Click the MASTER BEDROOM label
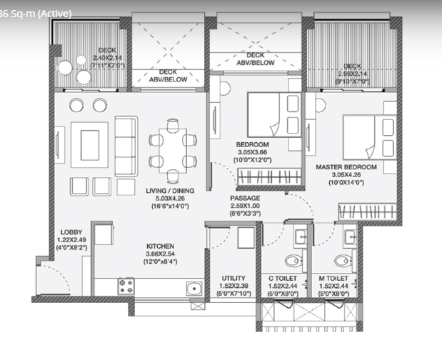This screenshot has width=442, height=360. [346, 167]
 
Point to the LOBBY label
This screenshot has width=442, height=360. [71, 231]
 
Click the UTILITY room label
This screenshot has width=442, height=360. [233, 278]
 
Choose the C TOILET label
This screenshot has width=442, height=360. [282, 278]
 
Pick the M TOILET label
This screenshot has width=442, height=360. [334, 278]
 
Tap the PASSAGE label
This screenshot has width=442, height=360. [245, 197]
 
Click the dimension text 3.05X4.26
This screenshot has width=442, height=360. [346, 176]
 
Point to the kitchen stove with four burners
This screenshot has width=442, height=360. [126, 287]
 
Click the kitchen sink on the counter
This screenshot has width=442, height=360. [193, 289]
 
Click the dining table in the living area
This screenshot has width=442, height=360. [172, 150]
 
